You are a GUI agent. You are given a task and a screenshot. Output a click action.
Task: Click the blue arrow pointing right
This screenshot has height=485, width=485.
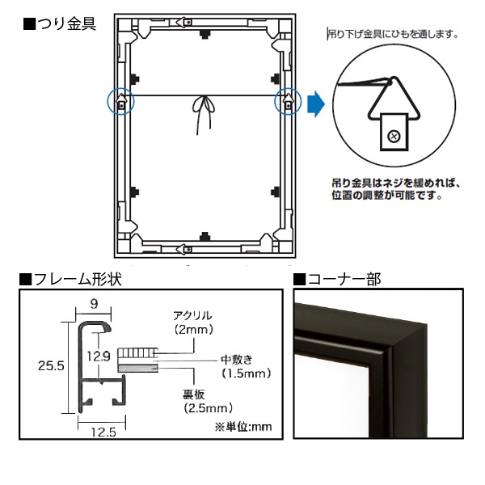pos(318,103)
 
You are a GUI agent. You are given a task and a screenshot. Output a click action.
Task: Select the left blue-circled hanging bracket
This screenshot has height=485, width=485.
pos(120,103)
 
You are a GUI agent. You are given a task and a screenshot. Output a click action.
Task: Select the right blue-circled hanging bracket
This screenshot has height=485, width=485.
pos(287,103)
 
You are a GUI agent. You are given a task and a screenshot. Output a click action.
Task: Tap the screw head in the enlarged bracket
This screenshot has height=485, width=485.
pos(394,135)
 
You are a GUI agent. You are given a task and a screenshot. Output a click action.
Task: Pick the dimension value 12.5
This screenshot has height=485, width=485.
pos(101,432)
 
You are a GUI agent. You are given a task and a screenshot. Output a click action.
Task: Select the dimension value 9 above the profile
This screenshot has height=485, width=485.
pos(94,305)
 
